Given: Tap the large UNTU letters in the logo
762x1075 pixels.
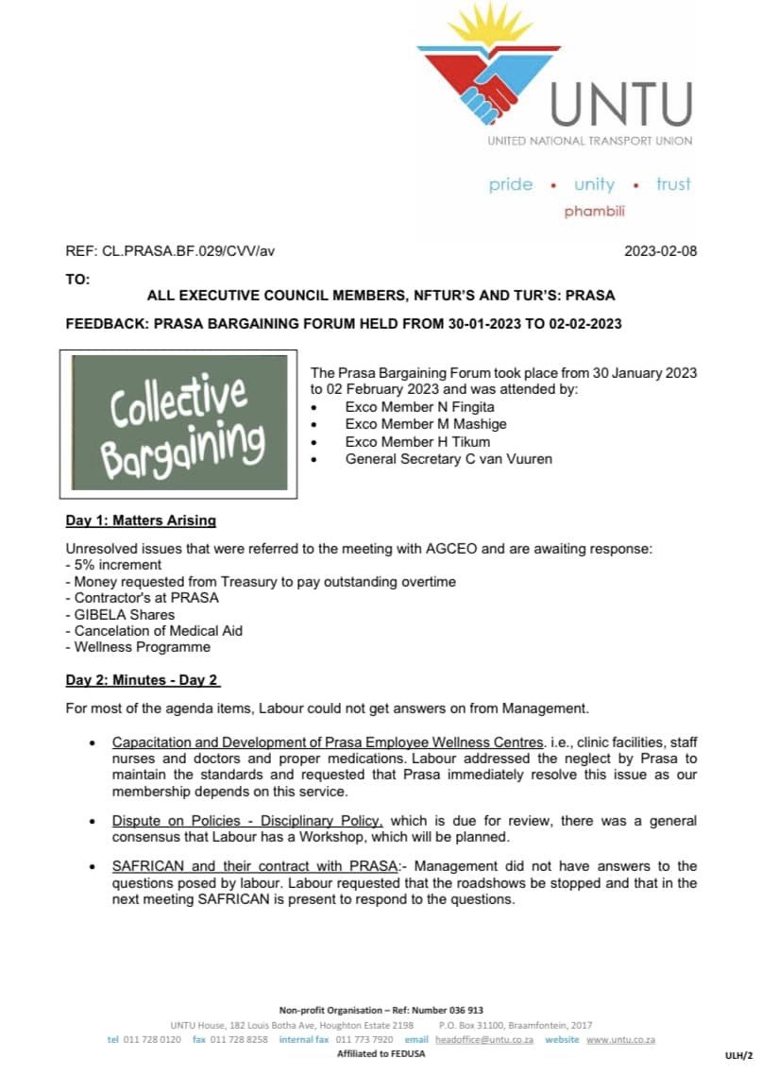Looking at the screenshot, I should pos(620,104).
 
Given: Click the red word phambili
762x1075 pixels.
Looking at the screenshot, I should pos(595,212).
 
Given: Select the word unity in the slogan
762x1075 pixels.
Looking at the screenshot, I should pos(594,184).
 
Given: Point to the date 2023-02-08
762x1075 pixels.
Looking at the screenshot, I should pos(661,251).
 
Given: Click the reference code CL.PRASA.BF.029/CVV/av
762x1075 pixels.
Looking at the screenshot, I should pos(189,251).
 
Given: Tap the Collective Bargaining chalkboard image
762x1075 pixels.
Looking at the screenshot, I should pos(179,422).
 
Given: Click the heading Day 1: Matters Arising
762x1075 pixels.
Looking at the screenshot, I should pos(141,520).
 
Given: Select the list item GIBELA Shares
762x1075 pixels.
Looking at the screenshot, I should pos(120,615).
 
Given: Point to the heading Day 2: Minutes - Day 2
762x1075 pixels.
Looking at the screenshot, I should pos(143,680).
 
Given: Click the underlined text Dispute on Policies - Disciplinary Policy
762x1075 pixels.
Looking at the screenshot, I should pos(247,820).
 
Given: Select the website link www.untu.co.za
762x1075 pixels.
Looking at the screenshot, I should pos(620,1039).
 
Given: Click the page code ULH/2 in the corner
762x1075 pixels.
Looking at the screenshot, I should pos(738,1054).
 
